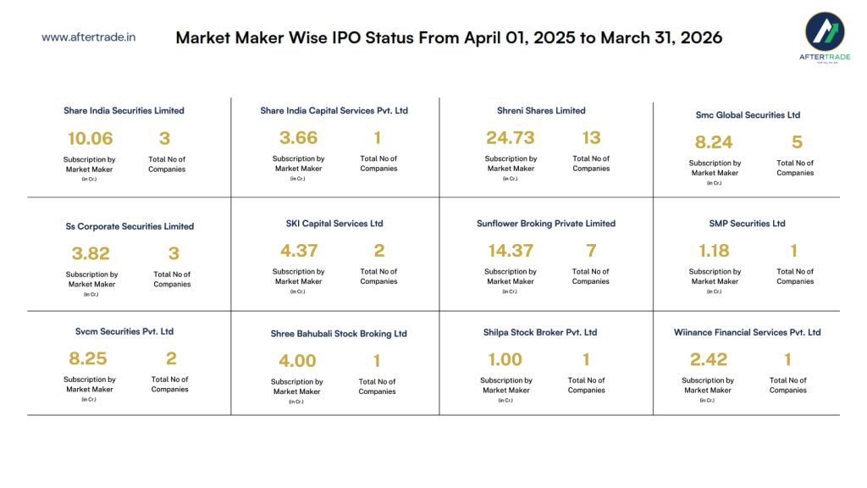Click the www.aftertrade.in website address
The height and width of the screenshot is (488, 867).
[x=89, y=37]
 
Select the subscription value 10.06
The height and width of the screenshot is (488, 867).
[x=90, y=138]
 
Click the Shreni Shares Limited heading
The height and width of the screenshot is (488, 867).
[x=541, y=110]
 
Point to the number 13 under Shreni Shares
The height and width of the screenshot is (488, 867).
[x=591, y=137]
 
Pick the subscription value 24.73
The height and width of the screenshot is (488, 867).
[x=511, y=137]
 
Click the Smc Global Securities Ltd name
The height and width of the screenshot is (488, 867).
[x=748, y=114]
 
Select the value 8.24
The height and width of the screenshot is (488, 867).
[x=714, y=142]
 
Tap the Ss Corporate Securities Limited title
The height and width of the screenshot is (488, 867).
[x=130, y=226]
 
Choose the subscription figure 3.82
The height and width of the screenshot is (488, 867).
[x=91, y=253]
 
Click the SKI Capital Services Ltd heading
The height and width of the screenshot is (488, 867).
[x=334, y=224]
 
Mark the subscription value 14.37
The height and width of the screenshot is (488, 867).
[x=510, y=251]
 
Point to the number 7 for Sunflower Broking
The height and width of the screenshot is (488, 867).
[x=591, y=251]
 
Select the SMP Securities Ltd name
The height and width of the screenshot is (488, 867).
[x=748, y=224]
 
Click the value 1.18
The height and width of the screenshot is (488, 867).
[x=714, y=251]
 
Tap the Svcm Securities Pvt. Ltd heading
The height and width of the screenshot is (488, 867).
[x=124, y=331]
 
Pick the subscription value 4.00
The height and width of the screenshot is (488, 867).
[x=297, y=361]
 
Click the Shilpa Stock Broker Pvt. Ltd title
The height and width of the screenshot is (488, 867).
[x=540, y=332]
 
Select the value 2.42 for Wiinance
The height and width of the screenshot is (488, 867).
[x=709, y=360]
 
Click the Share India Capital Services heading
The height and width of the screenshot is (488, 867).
[x=334, y=110]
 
